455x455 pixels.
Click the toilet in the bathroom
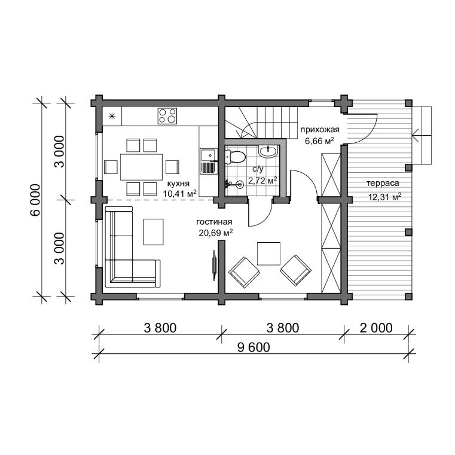[x=235, y=157]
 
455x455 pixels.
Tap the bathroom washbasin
[x=268, y=151]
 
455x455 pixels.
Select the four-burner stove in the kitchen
[x=167, y=116]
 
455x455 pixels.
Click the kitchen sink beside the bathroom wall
[x=208, y=161]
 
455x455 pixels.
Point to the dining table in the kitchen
[x=141, y=167]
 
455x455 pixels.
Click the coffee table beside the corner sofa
[x=154, y=232]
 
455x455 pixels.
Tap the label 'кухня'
[x=178, y=184]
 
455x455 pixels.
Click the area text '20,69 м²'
[x=216, y=233]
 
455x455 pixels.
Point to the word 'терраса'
[x=383, y=184]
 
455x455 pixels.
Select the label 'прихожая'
[x=320, y=129]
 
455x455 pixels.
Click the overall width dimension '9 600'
[x=254, y=347]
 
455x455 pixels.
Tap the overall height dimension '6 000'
[x=35, y=200]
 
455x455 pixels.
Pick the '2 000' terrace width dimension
[x=376, y=328]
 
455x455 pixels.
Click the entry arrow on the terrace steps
[x=422, y=136]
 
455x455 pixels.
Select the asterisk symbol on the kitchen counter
[x=112, y=117]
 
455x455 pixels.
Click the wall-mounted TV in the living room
[x=214, y=265]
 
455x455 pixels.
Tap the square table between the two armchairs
[x=268, y=254]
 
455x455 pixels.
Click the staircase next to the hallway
[x=262, y=123]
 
